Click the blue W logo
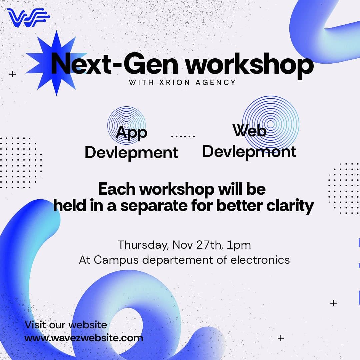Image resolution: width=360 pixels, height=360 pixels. tap(28, 17)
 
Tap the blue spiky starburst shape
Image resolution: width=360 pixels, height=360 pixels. tap(56, 63)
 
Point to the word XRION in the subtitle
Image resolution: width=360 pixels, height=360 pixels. tap(175, 82)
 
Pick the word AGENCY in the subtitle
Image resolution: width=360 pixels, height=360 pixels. tap(216, 82)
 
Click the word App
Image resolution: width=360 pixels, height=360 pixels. tap(131, 133)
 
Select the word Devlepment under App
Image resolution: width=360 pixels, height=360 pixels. tap(131, 153)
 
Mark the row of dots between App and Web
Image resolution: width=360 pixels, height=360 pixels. tap(183, 136)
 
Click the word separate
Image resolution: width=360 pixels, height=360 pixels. tap(154, 206)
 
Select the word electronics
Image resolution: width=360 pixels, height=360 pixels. tap(260, 260)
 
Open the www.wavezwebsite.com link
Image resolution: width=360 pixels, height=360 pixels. tap(84, 338)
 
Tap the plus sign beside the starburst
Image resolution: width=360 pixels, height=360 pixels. tap(13, 74)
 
